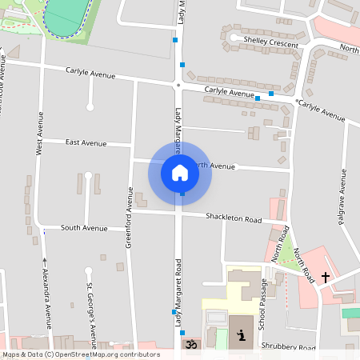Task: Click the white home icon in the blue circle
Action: click(180, 172)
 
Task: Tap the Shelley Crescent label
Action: click(270, 41)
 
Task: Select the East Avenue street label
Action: click(86, 143)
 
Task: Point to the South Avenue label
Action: click(83, 228)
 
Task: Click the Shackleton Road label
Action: click(234, 218)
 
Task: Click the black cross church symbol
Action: click(325, 278)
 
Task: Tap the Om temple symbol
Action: click(190, 345)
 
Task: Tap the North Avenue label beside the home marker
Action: click(214, 166)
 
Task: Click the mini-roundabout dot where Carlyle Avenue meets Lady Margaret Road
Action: click(178, 83)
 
